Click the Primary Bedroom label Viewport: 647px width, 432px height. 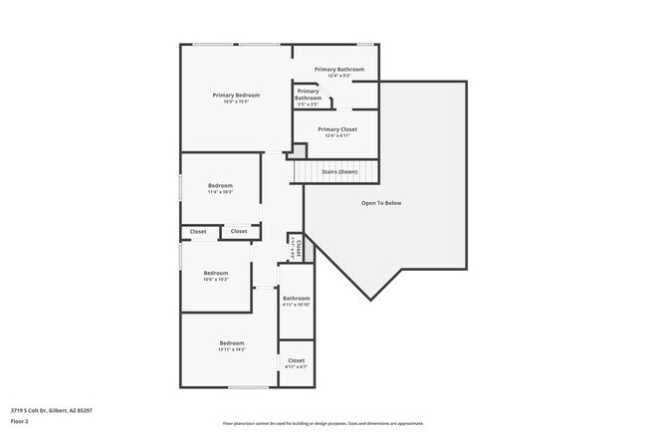click(236, 95)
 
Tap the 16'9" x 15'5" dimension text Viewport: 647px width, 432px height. click(236, 102)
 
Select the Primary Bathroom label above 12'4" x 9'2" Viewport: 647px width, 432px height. click(339, 69)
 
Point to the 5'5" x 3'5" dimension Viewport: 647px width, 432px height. click(309, 104)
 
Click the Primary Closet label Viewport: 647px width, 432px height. click(337, 129)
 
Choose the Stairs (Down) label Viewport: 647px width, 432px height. click(338, 171)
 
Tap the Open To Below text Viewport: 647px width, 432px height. click(381, 203)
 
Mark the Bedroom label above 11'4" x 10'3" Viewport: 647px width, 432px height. click(220, 185)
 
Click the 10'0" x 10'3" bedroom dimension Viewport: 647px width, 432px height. click(216, 280)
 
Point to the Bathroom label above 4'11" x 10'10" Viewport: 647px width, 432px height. click(297, 298)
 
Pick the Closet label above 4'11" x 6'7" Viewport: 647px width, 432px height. click(297, 360)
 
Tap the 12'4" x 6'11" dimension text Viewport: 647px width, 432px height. click(337, 135)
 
